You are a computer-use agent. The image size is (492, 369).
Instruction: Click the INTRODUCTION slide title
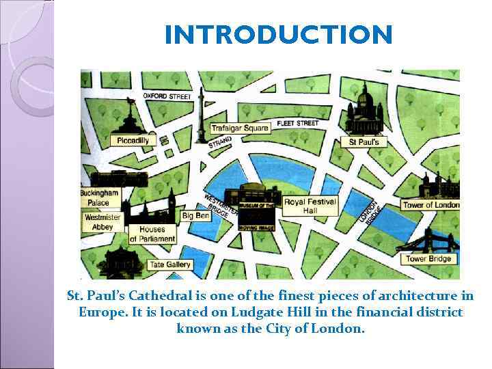click(x=279, y=34)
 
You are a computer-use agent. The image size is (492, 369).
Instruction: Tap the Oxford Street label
click(x=167, y=96)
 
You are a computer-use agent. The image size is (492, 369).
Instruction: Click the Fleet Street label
click(x=298, y=123)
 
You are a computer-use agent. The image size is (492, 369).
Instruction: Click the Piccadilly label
click(x=133, y=140)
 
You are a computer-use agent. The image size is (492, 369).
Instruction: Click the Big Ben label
click(x=196, y=216)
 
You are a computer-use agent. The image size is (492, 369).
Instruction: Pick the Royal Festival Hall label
click(x=310, y=206)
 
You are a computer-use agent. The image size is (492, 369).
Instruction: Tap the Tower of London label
click(x=430, y=205)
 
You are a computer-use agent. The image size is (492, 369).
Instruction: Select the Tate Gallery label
click(x=170, y=264)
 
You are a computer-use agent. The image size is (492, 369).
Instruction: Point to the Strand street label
click(x=220, y=142)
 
